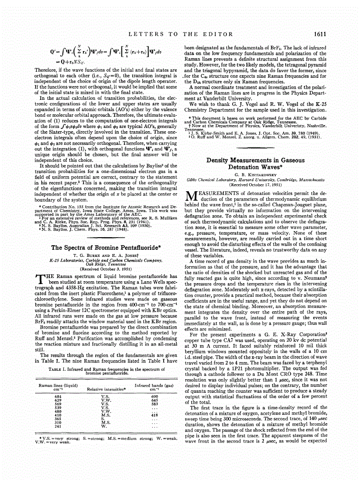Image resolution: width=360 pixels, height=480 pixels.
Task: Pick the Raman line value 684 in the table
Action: click(45, 396)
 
